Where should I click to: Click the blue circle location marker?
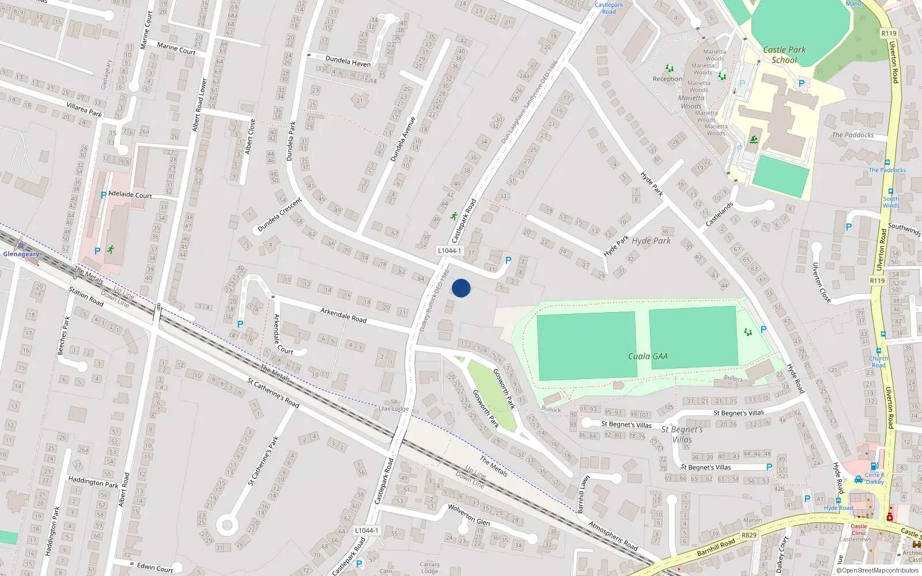[x=461, y=288]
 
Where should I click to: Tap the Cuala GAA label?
[x=648, y=357]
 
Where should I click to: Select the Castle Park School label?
[x=784, y=55]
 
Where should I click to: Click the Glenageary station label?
[x=21, y=254]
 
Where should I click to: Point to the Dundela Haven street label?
[x=348, y=61]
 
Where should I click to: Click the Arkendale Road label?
[x=343, y=315]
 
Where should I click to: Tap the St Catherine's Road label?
[x=273, y=393]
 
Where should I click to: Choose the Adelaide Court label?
[x=130, y=195]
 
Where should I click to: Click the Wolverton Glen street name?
[x=468, y=514]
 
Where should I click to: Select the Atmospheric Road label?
[x=613, y=536]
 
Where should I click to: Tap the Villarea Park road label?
[x=84, y=110]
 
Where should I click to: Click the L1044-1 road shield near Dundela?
[x=449, y=251]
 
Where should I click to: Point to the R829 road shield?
[x=749, y=535]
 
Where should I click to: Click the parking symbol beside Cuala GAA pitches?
[x=764, y=329]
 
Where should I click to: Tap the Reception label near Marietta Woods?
[x=667, y=79]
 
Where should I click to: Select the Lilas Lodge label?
[x=394, y=409]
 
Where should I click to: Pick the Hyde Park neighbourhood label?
[x=651, y=241]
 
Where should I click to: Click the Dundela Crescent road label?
[x=279, y=215]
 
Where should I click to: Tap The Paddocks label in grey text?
[x=852, y=135]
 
